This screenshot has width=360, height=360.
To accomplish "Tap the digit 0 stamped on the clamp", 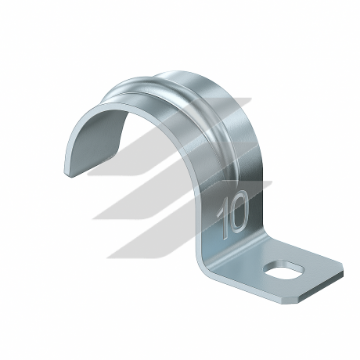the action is point(239,211).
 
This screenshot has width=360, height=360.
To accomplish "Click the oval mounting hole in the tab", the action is point(284,271).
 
